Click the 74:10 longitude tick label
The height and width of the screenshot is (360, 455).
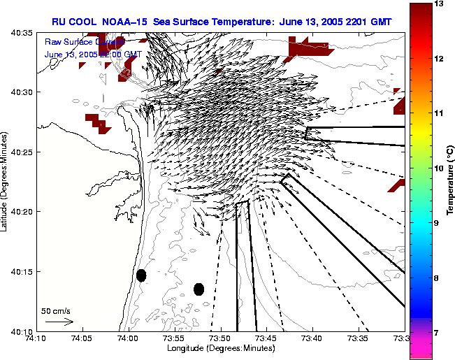click(x=36, y=339)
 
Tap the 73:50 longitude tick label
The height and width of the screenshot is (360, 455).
click(x=219, y=339)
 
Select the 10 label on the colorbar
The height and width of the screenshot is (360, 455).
click(x=440, y=168)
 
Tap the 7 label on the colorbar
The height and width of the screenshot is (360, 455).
click(x=438, y=333)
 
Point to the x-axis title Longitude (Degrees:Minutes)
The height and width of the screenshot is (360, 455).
click(x=219, y=349)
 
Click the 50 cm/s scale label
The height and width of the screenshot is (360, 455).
click(x=56, y=311)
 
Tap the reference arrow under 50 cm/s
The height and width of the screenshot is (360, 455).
click(x=59, y=322)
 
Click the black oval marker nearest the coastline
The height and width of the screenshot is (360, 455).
click(x=141, y=275)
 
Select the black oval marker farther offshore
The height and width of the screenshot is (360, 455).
click(x=198, y=289)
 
